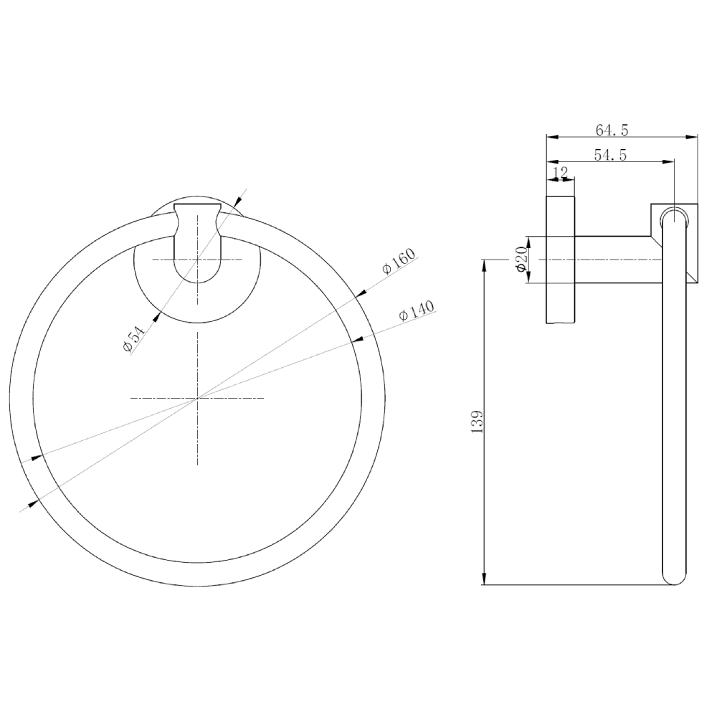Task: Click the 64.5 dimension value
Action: click(x=612, y=130)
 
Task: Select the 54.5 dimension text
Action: click(x=610, y=156)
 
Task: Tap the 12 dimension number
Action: click(x=560, y=172)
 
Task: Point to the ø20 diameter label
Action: click(x=522, y=260)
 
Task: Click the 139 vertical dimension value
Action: click(x=477, y=422)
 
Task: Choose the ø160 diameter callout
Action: click(x=399, y=261)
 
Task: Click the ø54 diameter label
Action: click(x=133, y=336)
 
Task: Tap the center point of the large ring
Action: click(x=198, y=398)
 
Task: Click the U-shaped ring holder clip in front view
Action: click(x=198, y=242)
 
